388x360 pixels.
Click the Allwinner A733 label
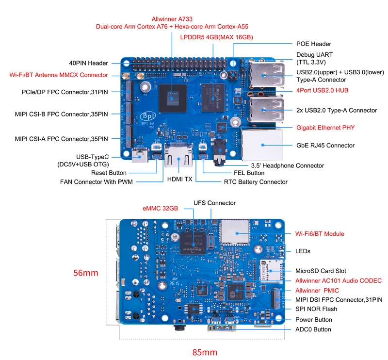pos(172,19)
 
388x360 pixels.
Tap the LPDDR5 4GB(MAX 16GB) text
pos(216,37)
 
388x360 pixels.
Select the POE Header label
pos(313,44)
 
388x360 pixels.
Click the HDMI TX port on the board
pos(178,155)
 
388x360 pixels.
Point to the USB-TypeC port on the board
pos(140,155)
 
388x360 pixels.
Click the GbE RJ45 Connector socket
pos(262,145)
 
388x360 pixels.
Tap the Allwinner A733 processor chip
pos(173,98)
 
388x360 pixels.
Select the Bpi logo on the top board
pos(148,116)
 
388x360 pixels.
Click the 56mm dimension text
pos(86,273)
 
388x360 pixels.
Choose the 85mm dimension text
pos(205,352)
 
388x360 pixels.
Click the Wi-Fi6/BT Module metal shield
pos(235,232)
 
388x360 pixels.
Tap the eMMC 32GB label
pos(160,209)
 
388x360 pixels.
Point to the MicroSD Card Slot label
pos(321,271)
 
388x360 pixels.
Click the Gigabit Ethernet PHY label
pos(325,128)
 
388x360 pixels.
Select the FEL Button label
pos(249,173)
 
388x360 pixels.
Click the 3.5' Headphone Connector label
pos(287,165)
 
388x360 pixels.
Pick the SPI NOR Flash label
pos(316,309)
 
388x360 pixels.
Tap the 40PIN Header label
pos(88,63)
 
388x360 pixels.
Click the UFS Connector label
pos(214,203)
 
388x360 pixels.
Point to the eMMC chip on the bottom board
pos(193,244)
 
